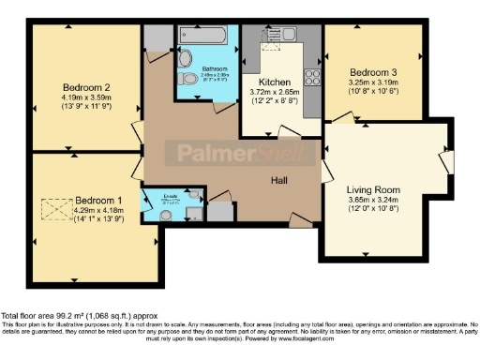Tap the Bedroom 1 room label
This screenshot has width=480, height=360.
click(98, 200)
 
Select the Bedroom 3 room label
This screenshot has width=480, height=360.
click(373, 72)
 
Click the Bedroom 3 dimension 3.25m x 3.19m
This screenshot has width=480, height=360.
click(373, 82)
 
